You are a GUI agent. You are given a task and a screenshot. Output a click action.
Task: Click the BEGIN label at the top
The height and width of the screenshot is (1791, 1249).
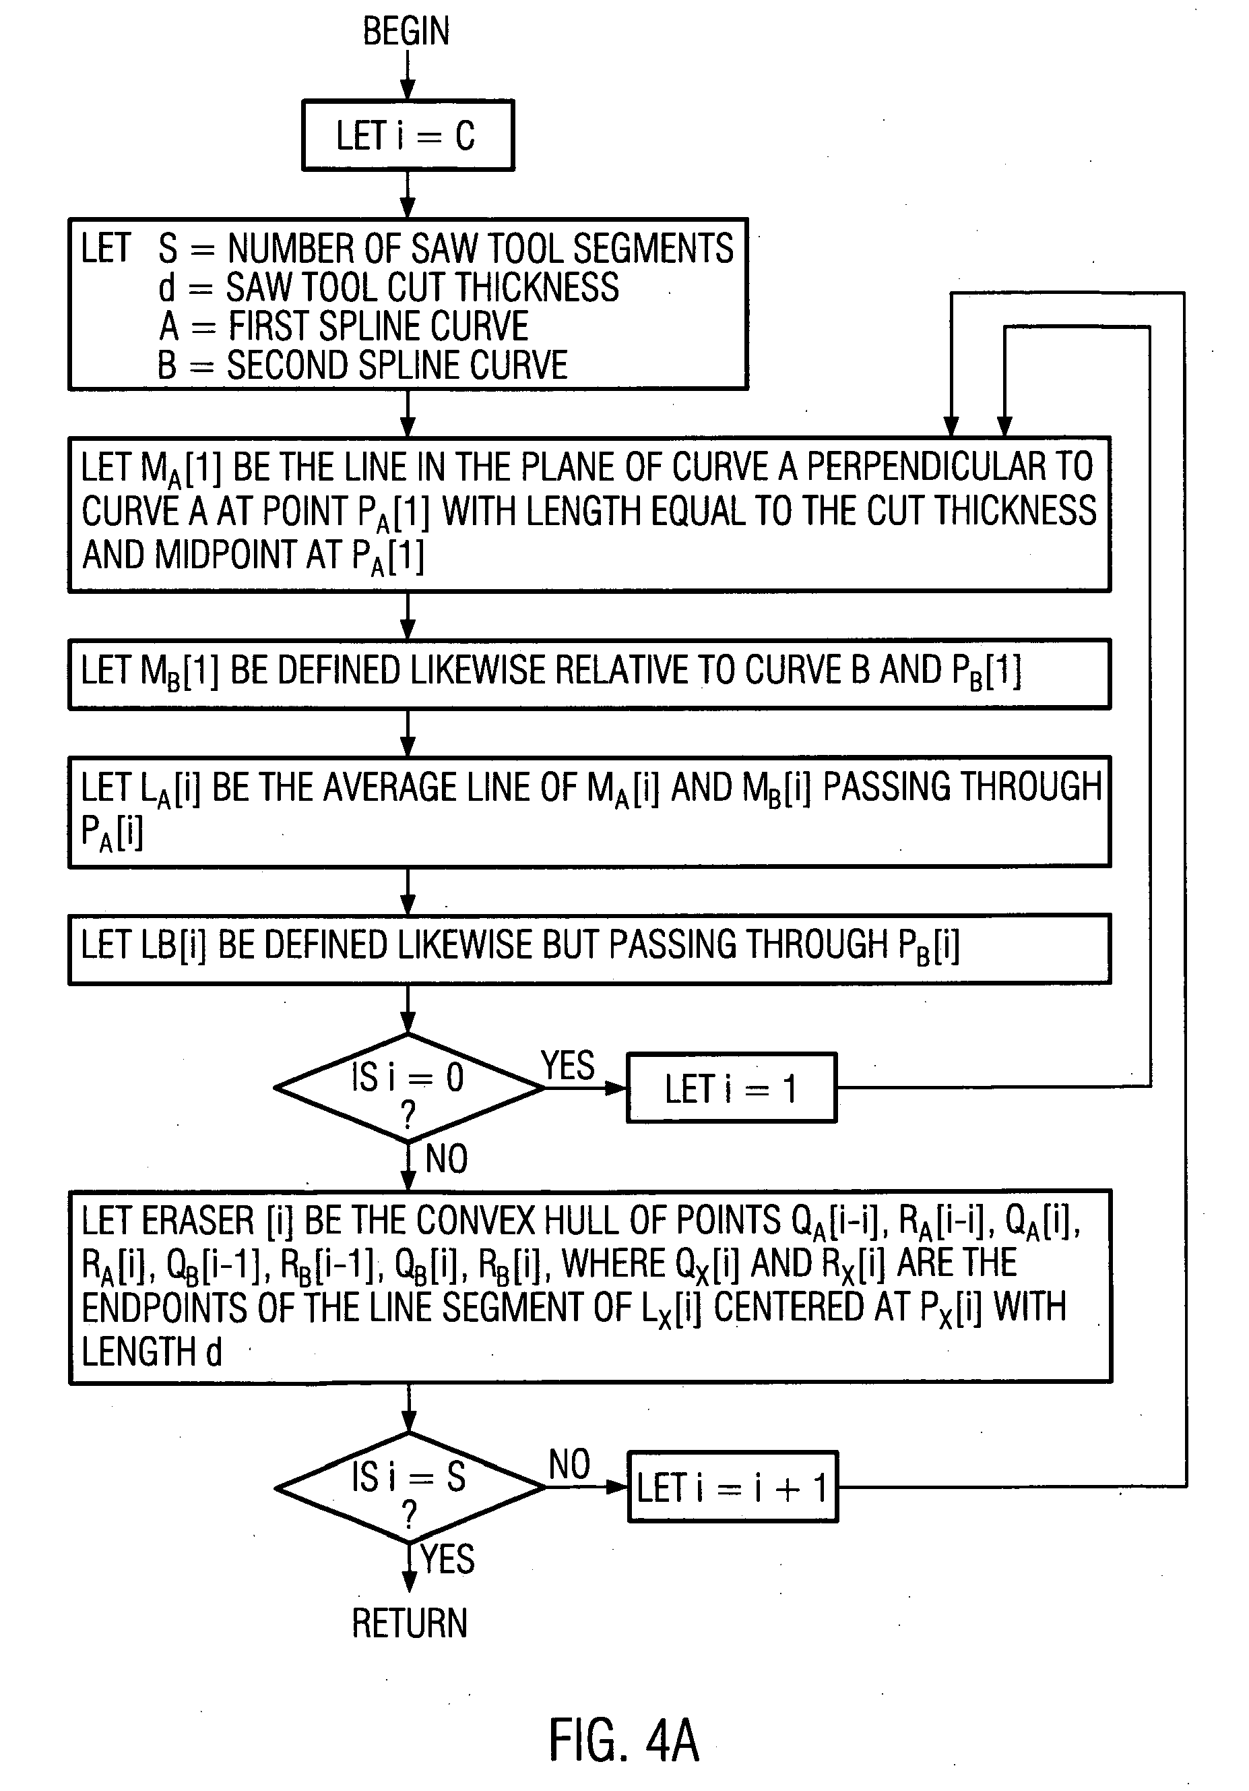pyautogui.click(x=406, y=32)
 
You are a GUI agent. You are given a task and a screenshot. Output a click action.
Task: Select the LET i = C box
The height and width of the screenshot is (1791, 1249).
pyautogui.click(x=408, y=135)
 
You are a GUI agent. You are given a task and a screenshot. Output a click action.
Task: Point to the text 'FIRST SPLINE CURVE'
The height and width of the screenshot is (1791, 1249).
pyautogui.click(x=378, y=326)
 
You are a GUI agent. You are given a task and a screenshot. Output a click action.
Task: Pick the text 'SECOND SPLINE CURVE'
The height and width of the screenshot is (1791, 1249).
pyautogui.click(x=397, y=365)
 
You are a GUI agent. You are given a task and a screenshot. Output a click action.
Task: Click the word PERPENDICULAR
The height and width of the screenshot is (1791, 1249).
pyautogui.click(x=927, y=467)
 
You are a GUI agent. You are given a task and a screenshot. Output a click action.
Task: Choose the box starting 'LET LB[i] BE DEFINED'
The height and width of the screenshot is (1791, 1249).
pyautogui.click(x=589, y=948)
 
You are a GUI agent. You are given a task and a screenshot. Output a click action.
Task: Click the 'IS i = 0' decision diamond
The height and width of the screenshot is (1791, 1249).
pyautogui.click(x=408, y=1087)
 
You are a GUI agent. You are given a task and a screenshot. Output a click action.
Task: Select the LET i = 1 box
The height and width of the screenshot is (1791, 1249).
pyautogui.click(x=732, y=1088)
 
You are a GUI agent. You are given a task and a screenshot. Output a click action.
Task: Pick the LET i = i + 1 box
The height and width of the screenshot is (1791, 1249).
pyautogui.click(x=732, y=1487)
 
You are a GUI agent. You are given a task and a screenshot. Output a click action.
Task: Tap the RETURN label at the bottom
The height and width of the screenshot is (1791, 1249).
pyautogui.click(x=410, y=1624)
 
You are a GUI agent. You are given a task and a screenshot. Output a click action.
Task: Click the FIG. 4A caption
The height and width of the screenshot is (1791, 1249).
pyautogui.click(x=624, y=1740)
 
